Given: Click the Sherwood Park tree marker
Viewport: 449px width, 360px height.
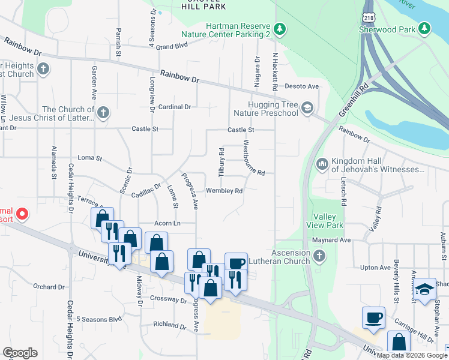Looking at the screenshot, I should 425,28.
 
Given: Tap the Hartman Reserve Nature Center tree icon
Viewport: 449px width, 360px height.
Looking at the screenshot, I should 279,28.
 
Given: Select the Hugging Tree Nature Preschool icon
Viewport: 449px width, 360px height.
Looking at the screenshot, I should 307,108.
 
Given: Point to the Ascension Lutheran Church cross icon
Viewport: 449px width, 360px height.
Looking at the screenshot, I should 319,256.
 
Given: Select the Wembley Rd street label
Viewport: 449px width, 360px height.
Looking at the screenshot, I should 224,191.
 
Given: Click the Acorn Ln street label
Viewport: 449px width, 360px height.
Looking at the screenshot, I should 167,223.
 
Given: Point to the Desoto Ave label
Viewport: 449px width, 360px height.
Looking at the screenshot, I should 301,86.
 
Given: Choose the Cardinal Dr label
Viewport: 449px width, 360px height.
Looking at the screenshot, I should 175,107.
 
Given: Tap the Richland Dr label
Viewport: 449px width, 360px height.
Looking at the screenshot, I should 170,325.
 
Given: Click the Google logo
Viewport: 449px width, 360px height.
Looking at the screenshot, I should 20,353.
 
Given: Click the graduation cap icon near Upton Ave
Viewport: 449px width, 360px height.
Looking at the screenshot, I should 424,288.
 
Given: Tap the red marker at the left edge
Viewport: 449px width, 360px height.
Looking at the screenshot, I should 22,213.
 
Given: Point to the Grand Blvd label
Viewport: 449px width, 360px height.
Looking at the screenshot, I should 173,46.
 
